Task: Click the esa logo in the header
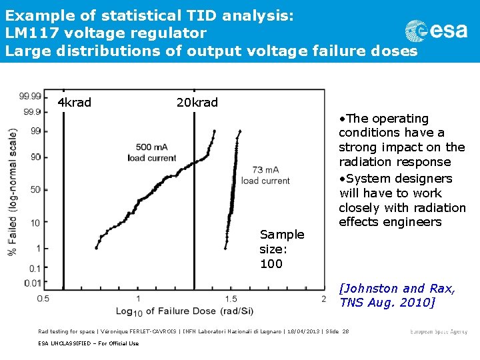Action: click(436, 31)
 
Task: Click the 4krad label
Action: click(74, 103)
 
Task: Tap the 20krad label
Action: click(197, 103)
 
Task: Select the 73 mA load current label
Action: click(265, 175)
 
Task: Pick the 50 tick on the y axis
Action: click(35, 189)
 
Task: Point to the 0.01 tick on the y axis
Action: click(32, 283)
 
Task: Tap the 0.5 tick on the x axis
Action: click(43, 299)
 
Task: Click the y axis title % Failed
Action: click(11, 191)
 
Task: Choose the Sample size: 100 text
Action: click(281, 249)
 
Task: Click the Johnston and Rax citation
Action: click(397, 295)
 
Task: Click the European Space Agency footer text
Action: click(439, 331)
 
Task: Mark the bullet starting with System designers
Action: click(402, 200)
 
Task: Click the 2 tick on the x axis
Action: click(323, 299)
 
